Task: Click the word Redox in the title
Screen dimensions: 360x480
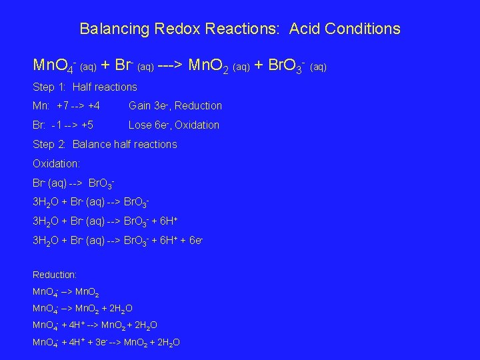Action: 175,29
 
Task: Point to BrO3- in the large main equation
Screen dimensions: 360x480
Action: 287,66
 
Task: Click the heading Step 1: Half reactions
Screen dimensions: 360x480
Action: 85,87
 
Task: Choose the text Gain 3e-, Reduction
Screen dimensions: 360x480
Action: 175,105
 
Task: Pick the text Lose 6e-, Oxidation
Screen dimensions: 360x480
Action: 173,125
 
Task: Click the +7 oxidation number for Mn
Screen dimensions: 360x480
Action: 64,105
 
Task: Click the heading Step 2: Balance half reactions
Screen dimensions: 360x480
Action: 105,144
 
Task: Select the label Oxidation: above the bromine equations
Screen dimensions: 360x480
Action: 56,163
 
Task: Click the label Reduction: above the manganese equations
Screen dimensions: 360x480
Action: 55,275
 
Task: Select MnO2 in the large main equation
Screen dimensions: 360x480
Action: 210,66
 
